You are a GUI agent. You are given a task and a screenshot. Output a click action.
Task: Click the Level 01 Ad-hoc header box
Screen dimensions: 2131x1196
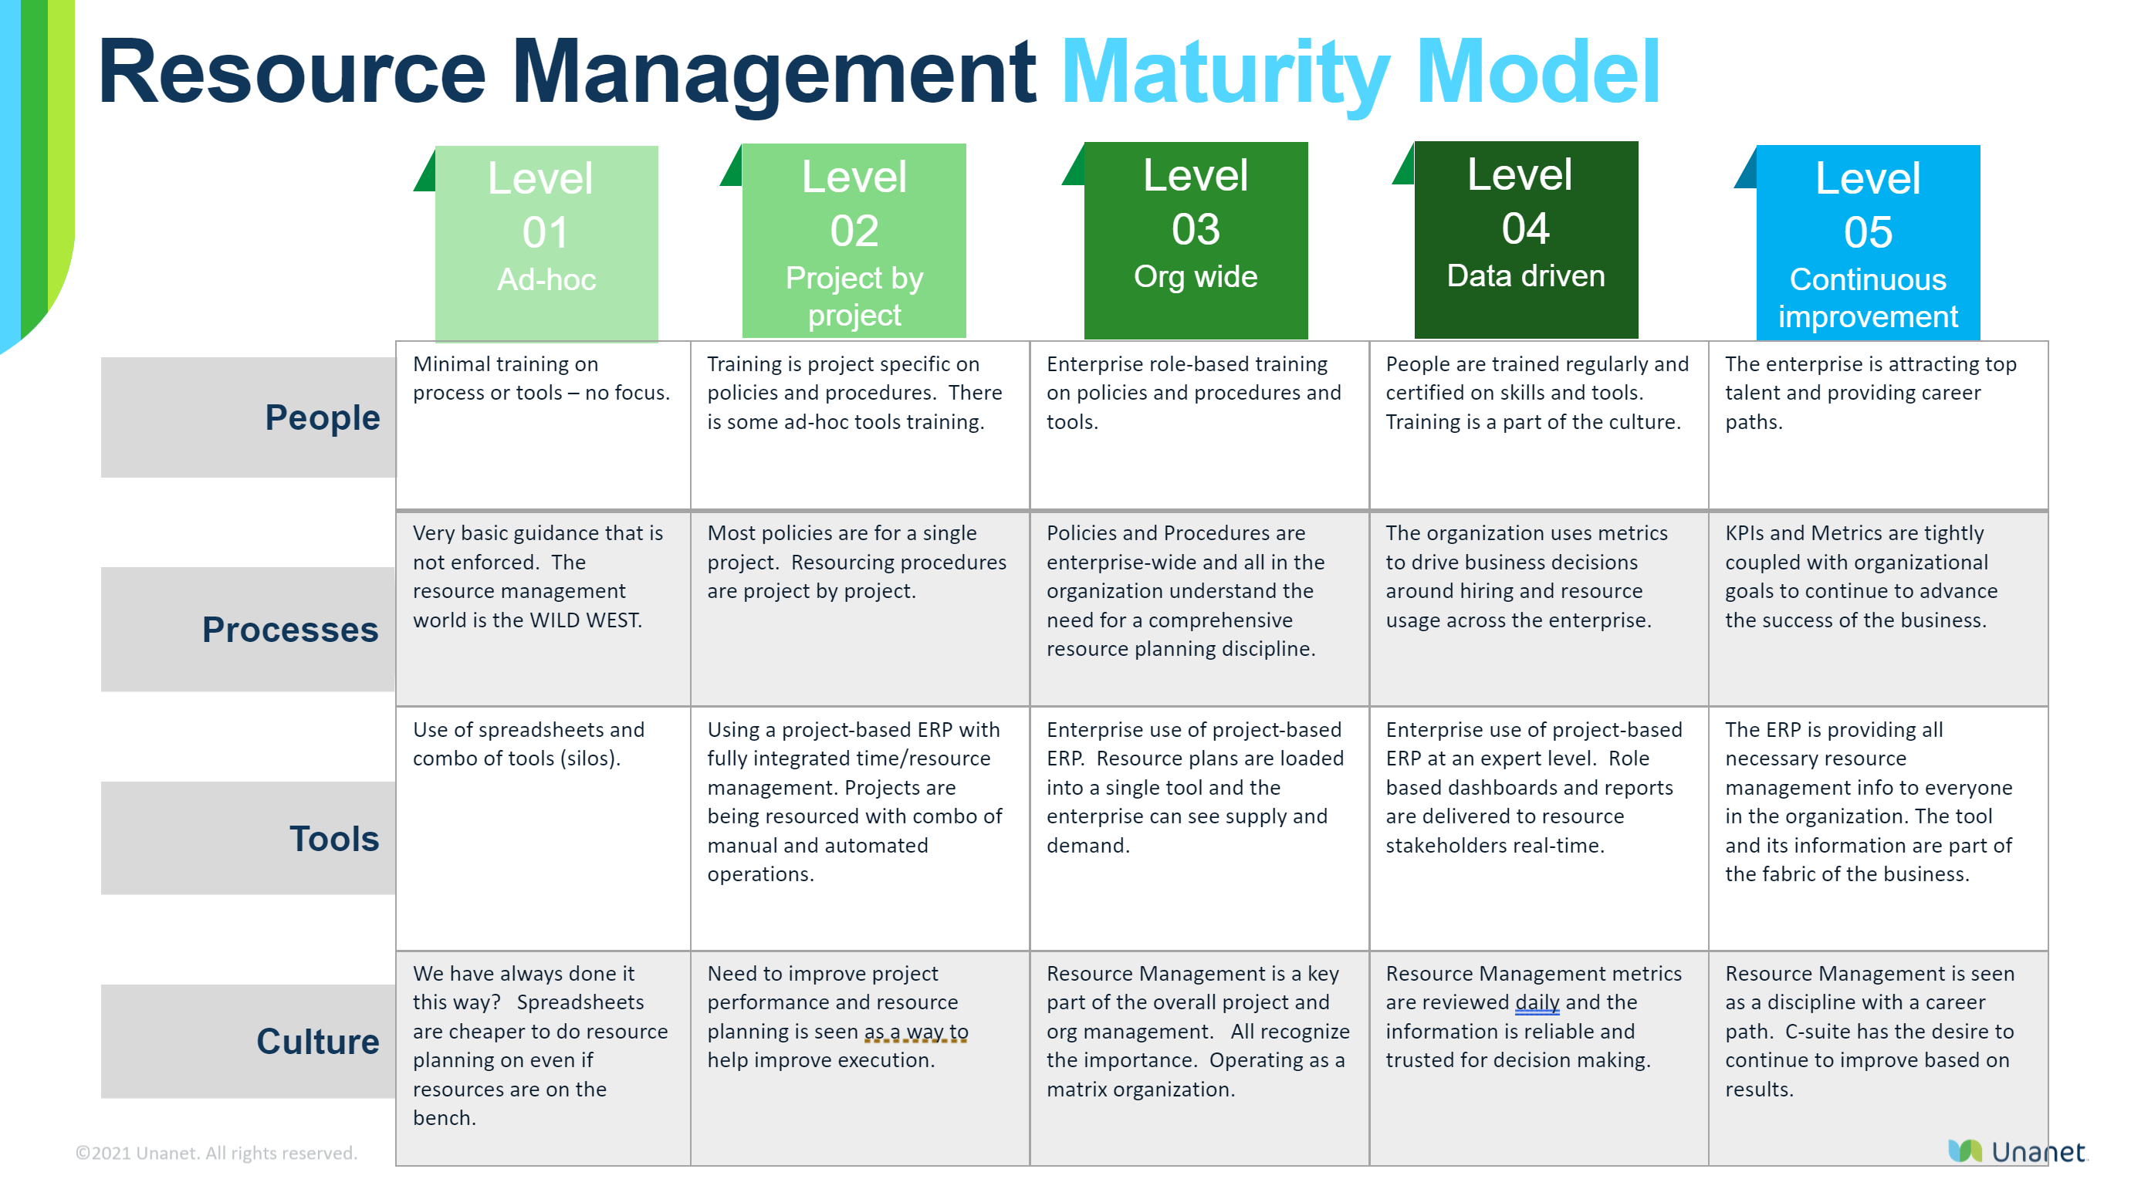546,243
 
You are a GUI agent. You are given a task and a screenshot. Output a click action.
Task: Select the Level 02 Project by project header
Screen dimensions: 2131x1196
854,242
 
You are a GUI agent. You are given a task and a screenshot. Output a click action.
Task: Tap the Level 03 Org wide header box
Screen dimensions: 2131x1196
1196,241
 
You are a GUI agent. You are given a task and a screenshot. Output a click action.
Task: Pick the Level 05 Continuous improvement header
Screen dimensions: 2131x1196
1868,243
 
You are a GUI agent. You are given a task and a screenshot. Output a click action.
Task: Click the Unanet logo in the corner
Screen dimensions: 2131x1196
2017,1151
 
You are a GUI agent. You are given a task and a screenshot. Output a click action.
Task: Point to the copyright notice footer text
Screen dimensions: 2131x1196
216,1153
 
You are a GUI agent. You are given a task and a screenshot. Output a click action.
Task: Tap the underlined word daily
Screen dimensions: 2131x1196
1537,1003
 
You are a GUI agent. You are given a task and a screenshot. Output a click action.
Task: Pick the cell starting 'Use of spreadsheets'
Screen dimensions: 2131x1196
543,829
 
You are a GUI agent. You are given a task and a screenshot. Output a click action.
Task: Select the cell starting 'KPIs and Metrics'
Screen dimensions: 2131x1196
1878,609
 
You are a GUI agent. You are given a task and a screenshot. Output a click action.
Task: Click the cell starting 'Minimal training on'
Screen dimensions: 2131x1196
543,425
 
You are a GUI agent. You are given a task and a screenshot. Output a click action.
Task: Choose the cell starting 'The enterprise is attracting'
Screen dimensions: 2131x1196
1878,425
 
